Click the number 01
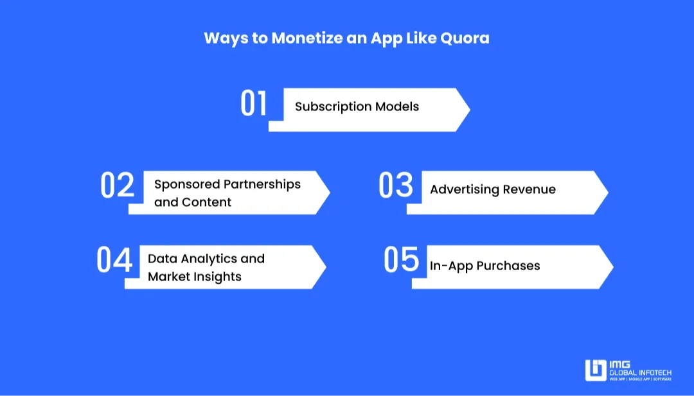[x=253, y=104]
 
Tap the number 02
[x=117, y=185]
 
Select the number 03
[x=395, y=185]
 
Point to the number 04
[x=114, y=260]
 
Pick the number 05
[x=401, y=259]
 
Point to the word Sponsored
[x=186, y=184]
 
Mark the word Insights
[x=213, y=277]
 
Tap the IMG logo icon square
[x=596, y=370]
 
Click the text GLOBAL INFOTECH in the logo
[x=640, y=372]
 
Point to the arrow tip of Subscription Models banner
[x=468, y=110]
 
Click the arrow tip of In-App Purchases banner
[x=612, y=267]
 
